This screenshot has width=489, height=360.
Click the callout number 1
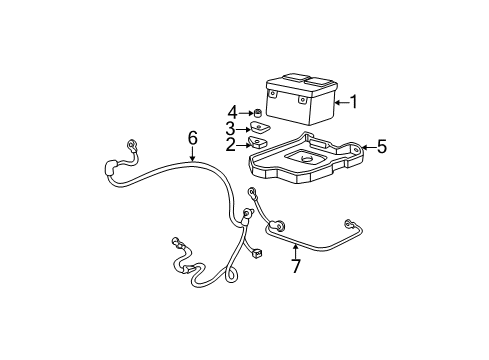pos(353,101)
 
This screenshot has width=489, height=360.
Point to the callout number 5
pos(381,148)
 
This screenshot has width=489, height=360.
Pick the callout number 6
pos(193,137)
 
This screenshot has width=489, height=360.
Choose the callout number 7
pos(294,266)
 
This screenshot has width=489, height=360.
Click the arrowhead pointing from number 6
pos(193,160)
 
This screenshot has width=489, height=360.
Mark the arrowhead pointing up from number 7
pos(294,243)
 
